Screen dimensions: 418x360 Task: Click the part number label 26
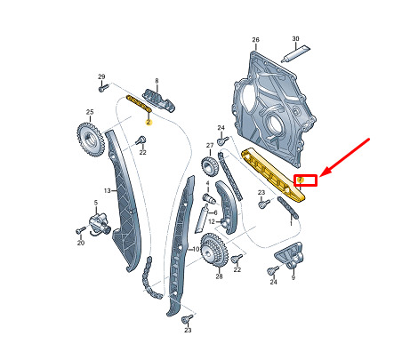click(x=255, y=39)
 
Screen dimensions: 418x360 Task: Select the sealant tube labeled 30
click(x=295, y=54)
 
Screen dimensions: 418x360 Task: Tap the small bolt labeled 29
click(x=103, y=88)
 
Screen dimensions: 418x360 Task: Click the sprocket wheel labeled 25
click(x=90, y=140)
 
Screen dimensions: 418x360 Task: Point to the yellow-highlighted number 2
click(x=149, y=122)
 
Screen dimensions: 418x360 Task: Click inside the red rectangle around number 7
click(x=306, y=180)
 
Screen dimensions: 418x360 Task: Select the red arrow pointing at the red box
click(x=344, y=158)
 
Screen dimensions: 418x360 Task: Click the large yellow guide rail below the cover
click(x=273, y=175)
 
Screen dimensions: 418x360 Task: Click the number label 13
click(x=108, y=190)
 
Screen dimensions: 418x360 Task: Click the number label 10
click(x=196, y=249)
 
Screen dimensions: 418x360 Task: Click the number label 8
click(x=157, y=81)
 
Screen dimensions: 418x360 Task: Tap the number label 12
click(x=212, y=221)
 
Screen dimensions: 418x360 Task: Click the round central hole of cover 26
click(x=274, y=122)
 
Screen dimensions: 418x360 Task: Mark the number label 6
click(x=215, y=212)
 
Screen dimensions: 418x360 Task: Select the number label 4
click(x=207, y=183)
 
